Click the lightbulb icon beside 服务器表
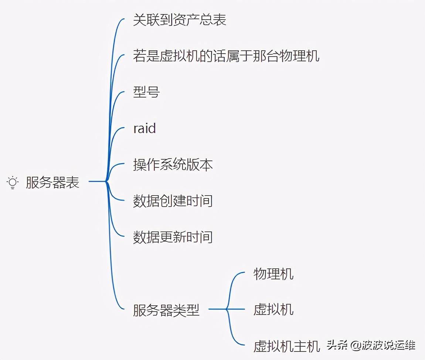tap(13, 183)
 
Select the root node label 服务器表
tap(52, 183)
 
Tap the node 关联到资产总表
tap(179, 20)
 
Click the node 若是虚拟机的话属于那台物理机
tap(226, 56)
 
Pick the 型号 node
tap(146, 92)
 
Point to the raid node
tap(144, 129)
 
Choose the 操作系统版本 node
tap(173, 165)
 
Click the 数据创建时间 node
tap(173, 201)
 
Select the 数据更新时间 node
tap(173, 237)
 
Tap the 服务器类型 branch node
tap(166, 310)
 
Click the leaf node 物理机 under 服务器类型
tap(273, 274)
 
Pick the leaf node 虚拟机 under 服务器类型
tap(273, 309)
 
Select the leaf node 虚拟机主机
tap(286, 346)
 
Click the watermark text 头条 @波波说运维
tap(371, 345)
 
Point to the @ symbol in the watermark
tap(355, 346)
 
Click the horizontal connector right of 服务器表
tap(97, 181)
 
